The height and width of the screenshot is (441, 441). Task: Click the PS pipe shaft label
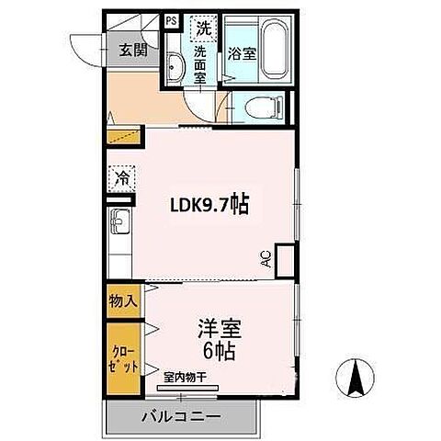[x=172, y=21]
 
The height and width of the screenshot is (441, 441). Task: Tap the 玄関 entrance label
[x=133, y=50]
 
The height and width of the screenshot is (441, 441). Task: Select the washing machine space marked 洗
[x=204, y=28]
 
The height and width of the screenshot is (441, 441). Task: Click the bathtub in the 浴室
[x=276, y=51]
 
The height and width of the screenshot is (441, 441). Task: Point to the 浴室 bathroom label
[x=242, y=54]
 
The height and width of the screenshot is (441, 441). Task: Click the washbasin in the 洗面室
[x=175, y=67]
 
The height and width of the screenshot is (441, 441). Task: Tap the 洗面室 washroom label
[x=200, y=65]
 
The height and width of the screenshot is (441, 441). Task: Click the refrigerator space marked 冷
[x=121, y=178]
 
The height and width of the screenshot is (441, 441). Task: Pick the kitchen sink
[x=119, y=221]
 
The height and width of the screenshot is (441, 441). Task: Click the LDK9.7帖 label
[x=209, y=205]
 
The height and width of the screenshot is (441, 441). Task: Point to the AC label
[x=267, y=259]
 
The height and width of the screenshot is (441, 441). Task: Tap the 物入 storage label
[x=123, y=301]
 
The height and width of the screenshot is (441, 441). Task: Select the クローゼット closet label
[x=125, y=358]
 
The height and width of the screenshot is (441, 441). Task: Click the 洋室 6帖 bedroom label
[x=220, y=340]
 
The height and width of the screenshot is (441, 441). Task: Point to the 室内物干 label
[x=185, y=378]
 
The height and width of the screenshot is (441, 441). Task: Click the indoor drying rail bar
[x=187, y=388]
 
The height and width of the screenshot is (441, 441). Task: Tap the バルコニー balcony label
[x=181, y=417]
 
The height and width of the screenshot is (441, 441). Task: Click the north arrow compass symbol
[x=356, y=378]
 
